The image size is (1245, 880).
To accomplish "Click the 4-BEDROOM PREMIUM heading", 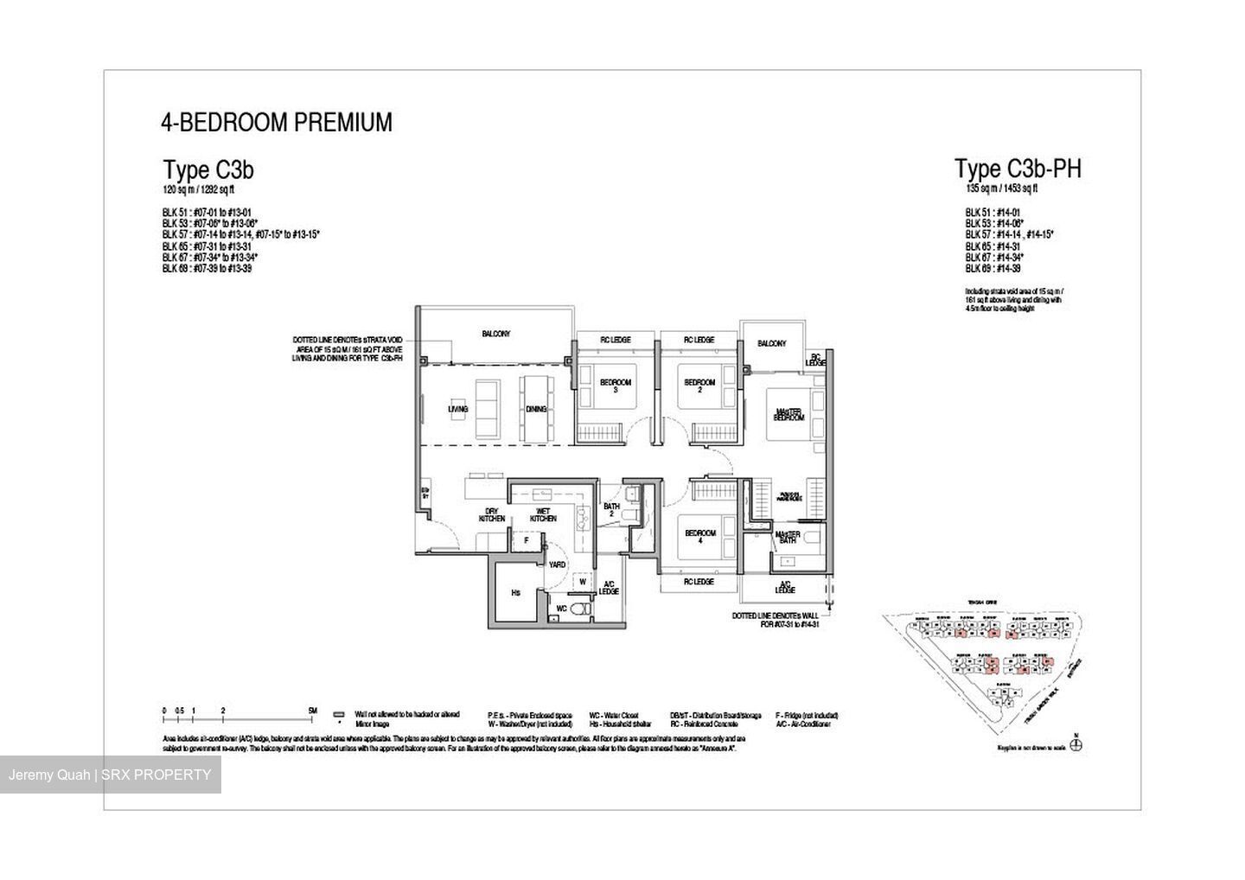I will pos(276,123).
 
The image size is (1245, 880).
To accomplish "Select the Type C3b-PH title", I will pos(1017,169).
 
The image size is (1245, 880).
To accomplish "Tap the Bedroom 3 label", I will pos(616,386).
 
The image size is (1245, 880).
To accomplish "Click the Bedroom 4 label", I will pos(700,537).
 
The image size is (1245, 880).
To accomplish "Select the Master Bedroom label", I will pos(788,414).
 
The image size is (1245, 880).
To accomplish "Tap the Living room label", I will pos(457,409).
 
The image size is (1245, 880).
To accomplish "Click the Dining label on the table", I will pos(536,409).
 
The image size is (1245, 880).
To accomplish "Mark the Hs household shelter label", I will pos(515,593).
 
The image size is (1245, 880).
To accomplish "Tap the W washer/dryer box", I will pos(583,582).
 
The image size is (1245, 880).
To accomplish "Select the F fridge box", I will pos(527,541).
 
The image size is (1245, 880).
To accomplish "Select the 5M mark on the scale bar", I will pos(312,711).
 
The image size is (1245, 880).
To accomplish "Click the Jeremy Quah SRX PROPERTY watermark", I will pos(110,775).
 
